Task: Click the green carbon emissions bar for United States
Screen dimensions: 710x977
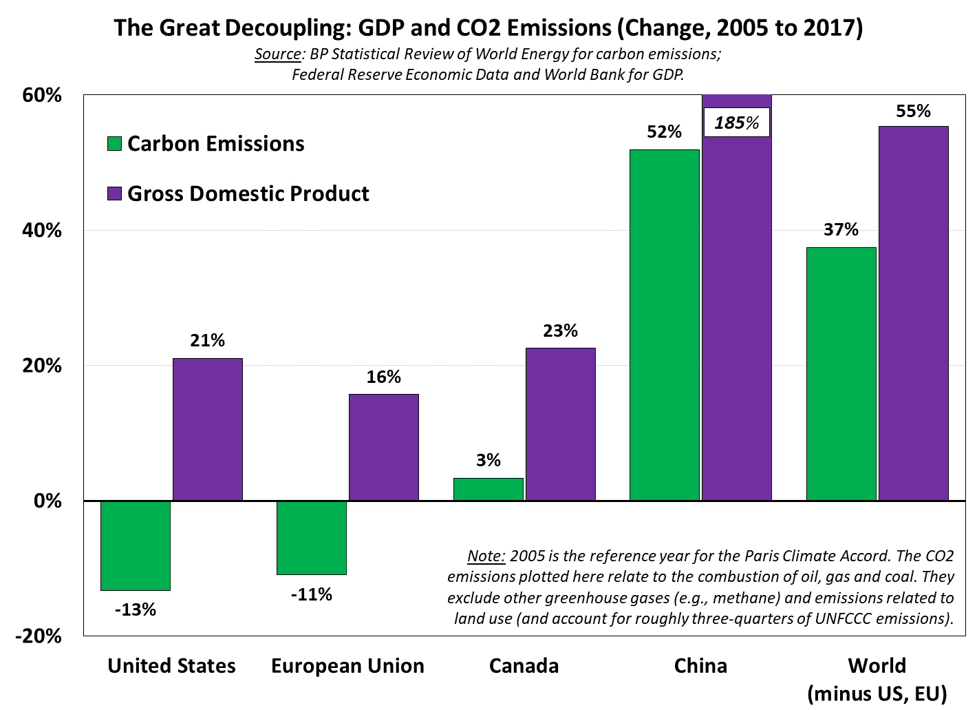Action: (136, 545)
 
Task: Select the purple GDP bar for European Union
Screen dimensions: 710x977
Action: (383, 447)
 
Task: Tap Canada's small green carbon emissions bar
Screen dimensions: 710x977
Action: (488, 489)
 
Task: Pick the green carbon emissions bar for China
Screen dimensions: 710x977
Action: (664, 324)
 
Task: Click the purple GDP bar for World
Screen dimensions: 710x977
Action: (913, 313)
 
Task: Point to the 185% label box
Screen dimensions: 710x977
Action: (736, 123)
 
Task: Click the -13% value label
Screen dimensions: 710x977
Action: (136, 609)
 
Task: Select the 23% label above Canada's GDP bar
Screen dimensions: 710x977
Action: (560, 331)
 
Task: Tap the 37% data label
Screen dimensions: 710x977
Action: (841, 230)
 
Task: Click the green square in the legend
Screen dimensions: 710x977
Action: (114, 144)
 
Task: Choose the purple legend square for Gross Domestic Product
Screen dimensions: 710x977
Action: (114, 194)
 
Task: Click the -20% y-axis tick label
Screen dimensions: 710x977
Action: (39, 636)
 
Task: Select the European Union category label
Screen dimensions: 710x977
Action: (347, 666)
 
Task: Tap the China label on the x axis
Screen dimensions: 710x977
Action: (700, 666)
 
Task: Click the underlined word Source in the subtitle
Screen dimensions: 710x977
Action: (277, 54)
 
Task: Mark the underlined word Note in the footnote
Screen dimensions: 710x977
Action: (486, 556)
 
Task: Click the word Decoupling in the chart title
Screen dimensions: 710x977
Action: (287, 28)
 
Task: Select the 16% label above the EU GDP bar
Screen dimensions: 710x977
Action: (383, 377)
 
